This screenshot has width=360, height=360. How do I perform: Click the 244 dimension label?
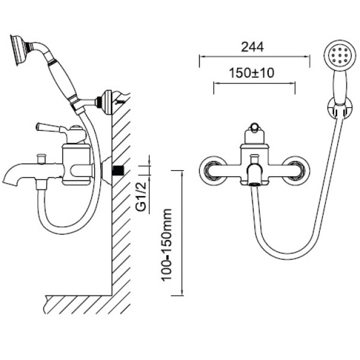[253, 47]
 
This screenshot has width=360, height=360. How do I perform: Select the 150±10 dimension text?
[251, 73]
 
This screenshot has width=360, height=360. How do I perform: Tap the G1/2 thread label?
[141, 197]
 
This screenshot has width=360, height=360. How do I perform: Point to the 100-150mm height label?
[167, 245]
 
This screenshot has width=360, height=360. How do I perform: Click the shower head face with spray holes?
[340, 55]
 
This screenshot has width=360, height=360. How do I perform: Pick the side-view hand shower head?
[19, 50]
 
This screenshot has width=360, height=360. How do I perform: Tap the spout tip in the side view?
[10, 181]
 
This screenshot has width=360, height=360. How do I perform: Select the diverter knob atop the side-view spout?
[41, 158]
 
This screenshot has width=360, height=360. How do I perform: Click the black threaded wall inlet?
[118, 170]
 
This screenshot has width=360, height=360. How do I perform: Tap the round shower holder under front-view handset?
[340, 107]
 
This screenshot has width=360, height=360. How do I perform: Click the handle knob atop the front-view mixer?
[254, 128]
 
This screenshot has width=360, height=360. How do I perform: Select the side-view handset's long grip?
[64, 80]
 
